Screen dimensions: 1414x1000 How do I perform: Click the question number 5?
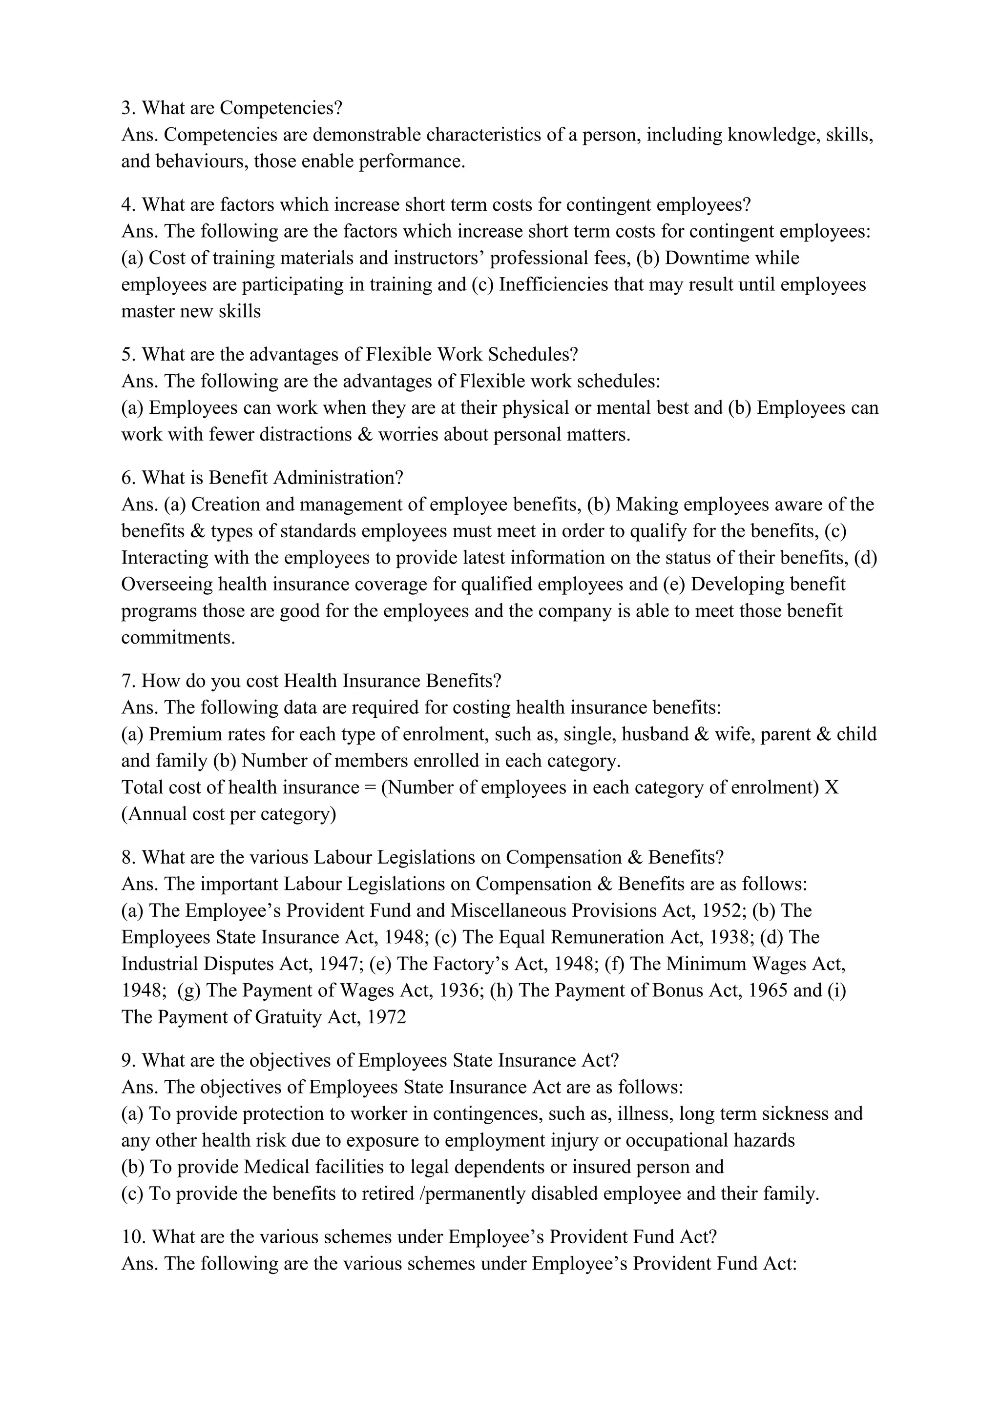pyautogui.click(x=128, y=354)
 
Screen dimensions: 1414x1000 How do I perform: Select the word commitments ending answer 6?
pyautogui.click(x=178, y=637)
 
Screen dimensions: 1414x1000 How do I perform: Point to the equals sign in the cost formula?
pyautogui.click(x=370, y=788)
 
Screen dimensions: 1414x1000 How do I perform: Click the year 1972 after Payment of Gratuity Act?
pyautogui.click(x=386, y=1017)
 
